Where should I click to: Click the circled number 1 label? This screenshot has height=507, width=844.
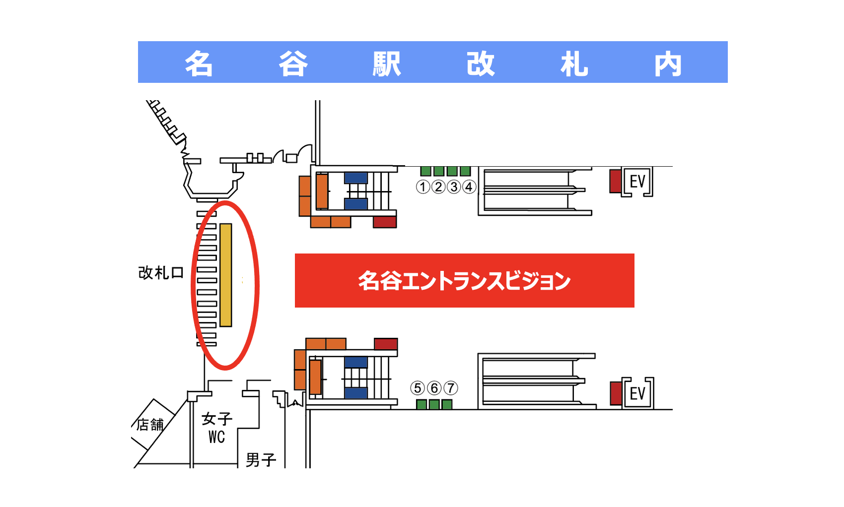tap(423, 187)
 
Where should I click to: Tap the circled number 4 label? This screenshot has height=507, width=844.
tap(469, 187)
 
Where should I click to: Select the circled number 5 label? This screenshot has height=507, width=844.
tap(418, 388)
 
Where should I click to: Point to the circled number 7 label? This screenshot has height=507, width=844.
tap(451, 388)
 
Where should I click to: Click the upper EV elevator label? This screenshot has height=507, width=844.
tap(637, 182)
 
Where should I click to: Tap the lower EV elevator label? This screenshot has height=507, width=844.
tap(637, 393)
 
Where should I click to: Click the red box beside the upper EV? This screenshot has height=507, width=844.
tap(616, 181)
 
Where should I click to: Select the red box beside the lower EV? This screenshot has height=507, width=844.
tap(616, 393)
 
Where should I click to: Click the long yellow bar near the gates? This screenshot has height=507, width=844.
tap(226, 275)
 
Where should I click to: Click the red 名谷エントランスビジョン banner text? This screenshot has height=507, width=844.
tap(464, 281)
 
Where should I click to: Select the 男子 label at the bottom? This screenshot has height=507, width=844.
tap(261, 460)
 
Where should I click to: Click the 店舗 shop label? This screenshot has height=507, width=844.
tap(150, 425)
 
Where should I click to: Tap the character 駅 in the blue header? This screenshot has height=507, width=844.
tap(387, 63)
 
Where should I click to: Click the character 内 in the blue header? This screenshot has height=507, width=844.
tap(668, 63)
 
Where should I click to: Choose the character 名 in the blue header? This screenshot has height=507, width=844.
tap(199, 63)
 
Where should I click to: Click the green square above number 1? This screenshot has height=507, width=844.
tap(425, 171)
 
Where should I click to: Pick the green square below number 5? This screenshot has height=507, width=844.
tap(422, 404)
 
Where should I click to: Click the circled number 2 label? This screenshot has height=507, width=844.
tap(438, 187)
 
